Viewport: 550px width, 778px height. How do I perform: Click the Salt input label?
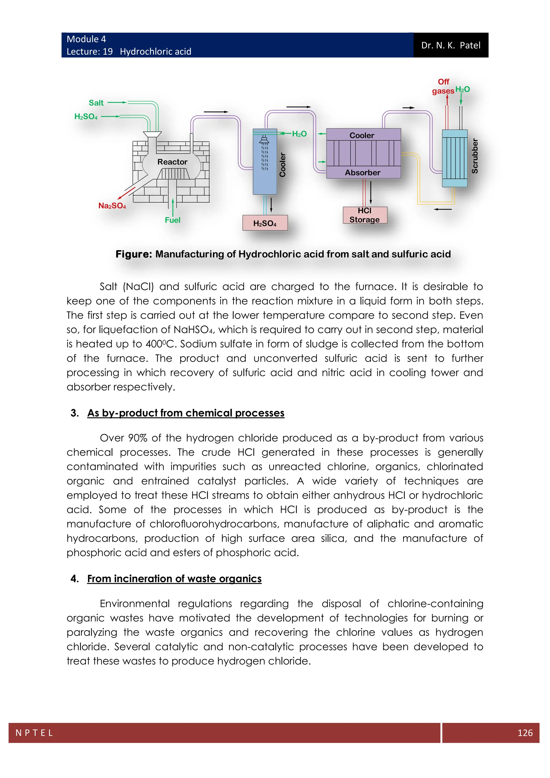(96, 103)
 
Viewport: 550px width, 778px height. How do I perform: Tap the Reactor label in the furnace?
(172, 162)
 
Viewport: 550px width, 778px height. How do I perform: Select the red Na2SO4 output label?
(112, 206)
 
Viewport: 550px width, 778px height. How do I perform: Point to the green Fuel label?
(172, 220)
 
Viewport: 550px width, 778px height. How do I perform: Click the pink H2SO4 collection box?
(265, 223)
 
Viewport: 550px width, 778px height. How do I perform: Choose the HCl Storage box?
(364, 215)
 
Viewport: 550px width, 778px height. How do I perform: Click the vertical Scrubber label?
(475, 156)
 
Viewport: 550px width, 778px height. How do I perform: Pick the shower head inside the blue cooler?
(264, 140)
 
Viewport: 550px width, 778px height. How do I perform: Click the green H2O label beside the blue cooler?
(299, 134)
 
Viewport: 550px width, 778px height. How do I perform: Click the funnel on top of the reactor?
(152, 135)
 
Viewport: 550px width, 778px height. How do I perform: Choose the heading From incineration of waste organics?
(174, 578)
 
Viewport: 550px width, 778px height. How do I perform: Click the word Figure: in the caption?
(134, 254)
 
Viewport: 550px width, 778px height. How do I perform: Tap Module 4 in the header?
(86, 39)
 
